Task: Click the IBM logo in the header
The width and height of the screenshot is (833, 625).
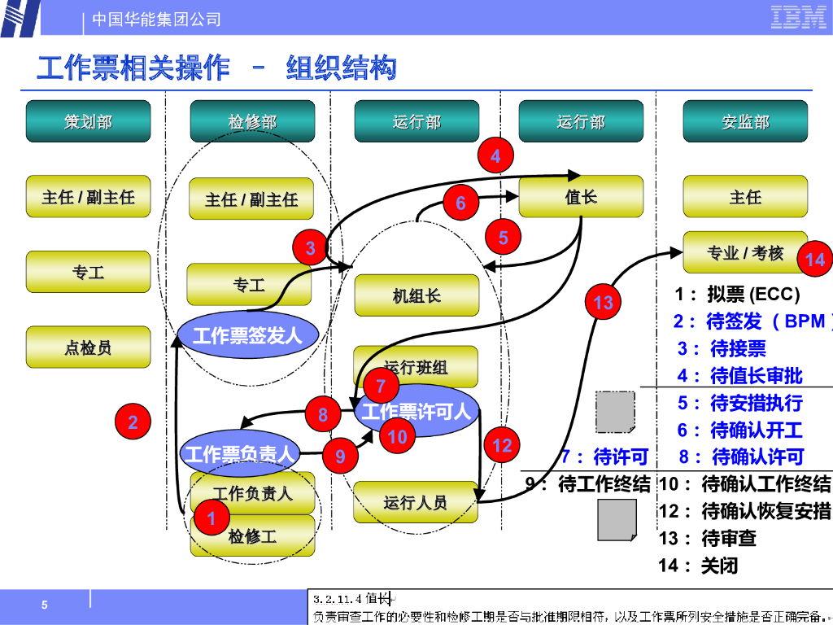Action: click(798, 17)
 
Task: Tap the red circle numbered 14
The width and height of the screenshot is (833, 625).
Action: click(814, 259)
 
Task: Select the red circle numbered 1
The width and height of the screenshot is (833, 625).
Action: click(212, 518)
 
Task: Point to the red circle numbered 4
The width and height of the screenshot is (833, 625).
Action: click(495, 155)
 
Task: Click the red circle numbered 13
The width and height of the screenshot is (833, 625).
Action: click(603, 303)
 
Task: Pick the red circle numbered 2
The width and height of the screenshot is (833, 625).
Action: click(133, 422)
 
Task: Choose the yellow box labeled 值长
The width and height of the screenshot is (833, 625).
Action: click(581, 196)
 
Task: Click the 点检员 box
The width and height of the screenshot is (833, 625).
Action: click(88, 347)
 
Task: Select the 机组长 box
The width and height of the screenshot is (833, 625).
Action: click(416, 295)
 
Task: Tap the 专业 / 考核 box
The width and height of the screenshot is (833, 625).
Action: click(744, 253)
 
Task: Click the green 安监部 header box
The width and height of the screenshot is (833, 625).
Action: click(745, 121)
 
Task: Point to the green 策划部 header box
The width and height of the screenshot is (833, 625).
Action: click(88, 121)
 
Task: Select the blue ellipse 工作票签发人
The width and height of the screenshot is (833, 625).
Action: click(246, 334)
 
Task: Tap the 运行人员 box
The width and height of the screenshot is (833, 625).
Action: click(415, 502)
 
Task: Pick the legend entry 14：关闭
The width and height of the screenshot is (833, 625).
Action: click(698, 565)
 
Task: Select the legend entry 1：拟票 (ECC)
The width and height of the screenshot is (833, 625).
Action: click(737, 294)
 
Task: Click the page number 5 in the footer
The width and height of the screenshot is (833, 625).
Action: click(45, 605)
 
